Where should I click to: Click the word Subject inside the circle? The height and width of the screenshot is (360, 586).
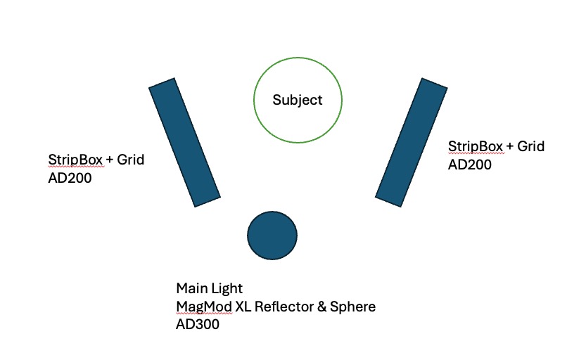[298, 100]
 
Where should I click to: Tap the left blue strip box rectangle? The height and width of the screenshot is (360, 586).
[185, 143]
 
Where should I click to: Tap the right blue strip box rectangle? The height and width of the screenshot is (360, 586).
[412, 142]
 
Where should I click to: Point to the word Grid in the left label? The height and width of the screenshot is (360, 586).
[130, 160]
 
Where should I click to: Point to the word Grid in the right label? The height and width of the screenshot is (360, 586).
[531, 146]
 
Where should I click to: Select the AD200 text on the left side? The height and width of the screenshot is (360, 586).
[70, 179]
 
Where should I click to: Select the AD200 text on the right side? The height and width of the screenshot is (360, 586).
[470, 165]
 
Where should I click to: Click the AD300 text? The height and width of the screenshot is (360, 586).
[198, 325]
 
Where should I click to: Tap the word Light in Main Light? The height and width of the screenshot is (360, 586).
[227, 288]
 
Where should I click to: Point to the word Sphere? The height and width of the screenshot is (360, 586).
[351, 307]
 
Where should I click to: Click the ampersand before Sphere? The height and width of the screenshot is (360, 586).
[319, 307]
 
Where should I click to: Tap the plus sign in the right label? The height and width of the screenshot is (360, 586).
[510, 146]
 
